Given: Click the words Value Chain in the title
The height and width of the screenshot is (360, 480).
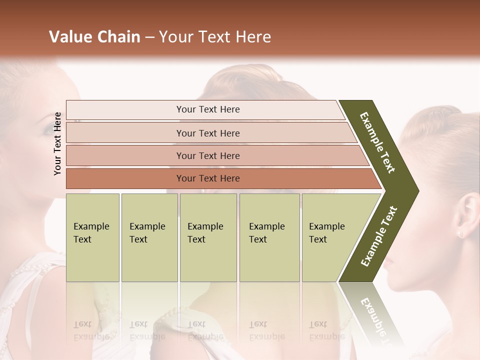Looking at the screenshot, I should click(x=94, y=37).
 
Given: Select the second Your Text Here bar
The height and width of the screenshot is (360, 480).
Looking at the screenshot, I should click(x=207, y=133).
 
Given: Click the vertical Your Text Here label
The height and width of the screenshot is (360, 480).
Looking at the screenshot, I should click(x=57, y=143).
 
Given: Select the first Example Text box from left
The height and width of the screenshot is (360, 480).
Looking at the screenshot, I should click(x=92, y=237).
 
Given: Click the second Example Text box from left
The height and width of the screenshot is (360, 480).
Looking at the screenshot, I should click(x=149, y=237).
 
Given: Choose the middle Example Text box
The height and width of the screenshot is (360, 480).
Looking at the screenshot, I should click(x=208, y=237).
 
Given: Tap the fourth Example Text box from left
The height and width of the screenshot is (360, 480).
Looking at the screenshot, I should click(x=269, y=237).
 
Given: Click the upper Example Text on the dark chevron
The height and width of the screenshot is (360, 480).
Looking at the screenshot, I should click(x=377, y=142).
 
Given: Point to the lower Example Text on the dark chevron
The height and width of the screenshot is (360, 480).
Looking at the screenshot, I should click(x=379, y=236).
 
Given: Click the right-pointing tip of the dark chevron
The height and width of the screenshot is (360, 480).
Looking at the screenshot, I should click(x=416, y=190).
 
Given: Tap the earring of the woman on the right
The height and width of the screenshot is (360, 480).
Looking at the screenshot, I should click(x=460, y=233).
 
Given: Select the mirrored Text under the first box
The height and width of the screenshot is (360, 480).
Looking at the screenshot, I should click(x=82, y=324).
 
